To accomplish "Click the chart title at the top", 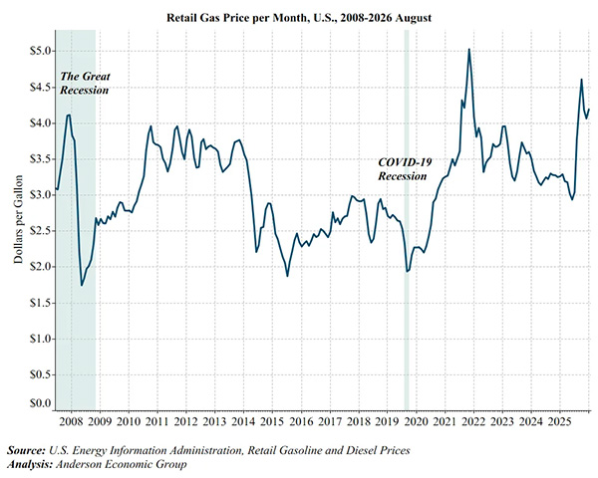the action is coord(299,18).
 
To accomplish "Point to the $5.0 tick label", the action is coord(41,51).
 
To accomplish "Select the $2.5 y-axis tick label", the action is coord(41,231).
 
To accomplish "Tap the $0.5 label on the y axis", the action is coord(41,374).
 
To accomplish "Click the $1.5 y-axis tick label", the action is coord(41,303).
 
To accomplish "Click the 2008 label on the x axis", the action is coord(72,421).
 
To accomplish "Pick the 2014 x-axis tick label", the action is coord(244,421).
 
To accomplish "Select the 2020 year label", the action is coord(416,421).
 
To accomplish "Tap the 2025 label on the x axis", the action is coord(559,421).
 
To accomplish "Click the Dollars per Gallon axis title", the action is coord(18,219).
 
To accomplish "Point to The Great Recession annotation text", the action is coord(85,83).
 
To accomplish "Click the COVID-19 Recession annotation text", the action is coord(405,169).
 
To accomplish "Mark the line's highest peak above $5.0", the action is coord(468,49).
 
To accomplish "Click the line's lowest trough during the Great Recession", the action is coord(82,285).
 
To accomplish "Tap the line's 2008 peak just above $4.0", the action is coord(68,115).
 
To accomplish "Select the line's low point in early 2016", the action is coord(287,276).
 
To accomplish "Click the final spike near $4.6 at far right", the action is coord(581,80).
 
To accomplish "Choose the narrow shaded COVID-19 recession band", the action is coord(407,220).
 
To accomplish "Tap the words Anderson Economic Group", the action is coord(122,464).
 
